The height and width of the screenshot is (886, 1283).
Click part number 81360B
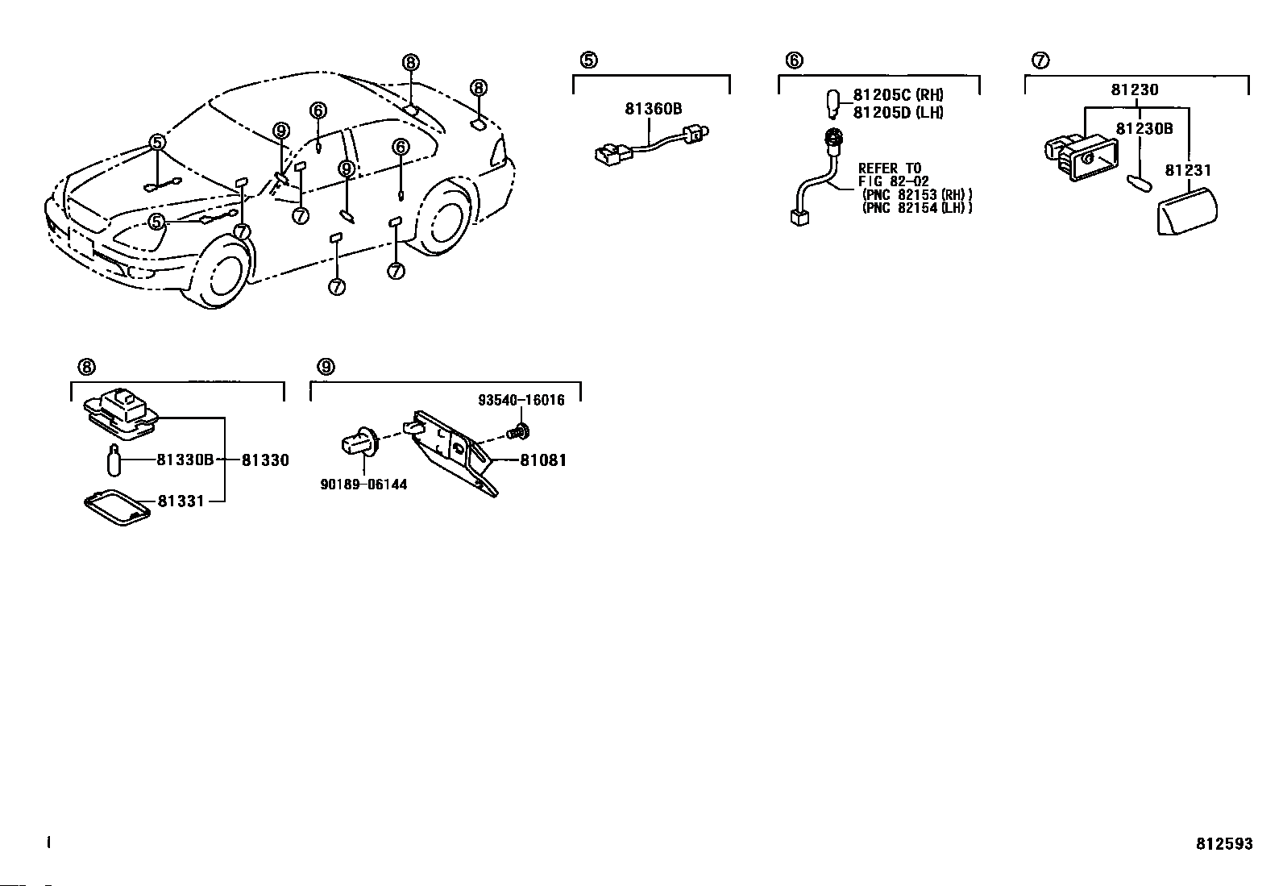tap(653, 108)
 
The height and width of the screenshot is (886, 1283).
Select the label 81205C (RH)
tap(898, 96)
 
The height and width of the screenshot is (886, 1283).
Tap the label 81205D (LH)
tap(898, 113)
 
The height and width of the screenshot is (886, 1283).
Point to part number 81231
tap(1187, 170)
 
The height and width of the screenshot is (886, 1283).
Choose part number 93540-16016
tap(521, 400)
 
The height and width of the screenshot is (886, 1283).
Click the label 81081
tap(543, 460)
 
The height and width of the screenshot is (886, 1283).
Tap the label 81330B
tap(185, 460)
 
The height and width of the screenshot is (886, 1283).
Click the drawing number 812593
tap(1224, 844)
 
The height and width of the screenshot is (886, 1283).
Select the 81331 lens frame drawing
tap(118, 510)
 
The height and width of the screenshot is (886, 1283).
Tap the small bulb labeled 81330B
tap(114, 460)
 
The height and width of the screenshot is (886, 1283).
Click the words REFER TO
tap(890, 168)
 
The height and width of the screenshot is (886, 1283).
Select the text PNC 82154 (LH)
tap(917, 208)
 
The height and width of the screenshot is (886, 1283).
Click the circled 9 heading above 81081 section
tap(326, 368)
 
